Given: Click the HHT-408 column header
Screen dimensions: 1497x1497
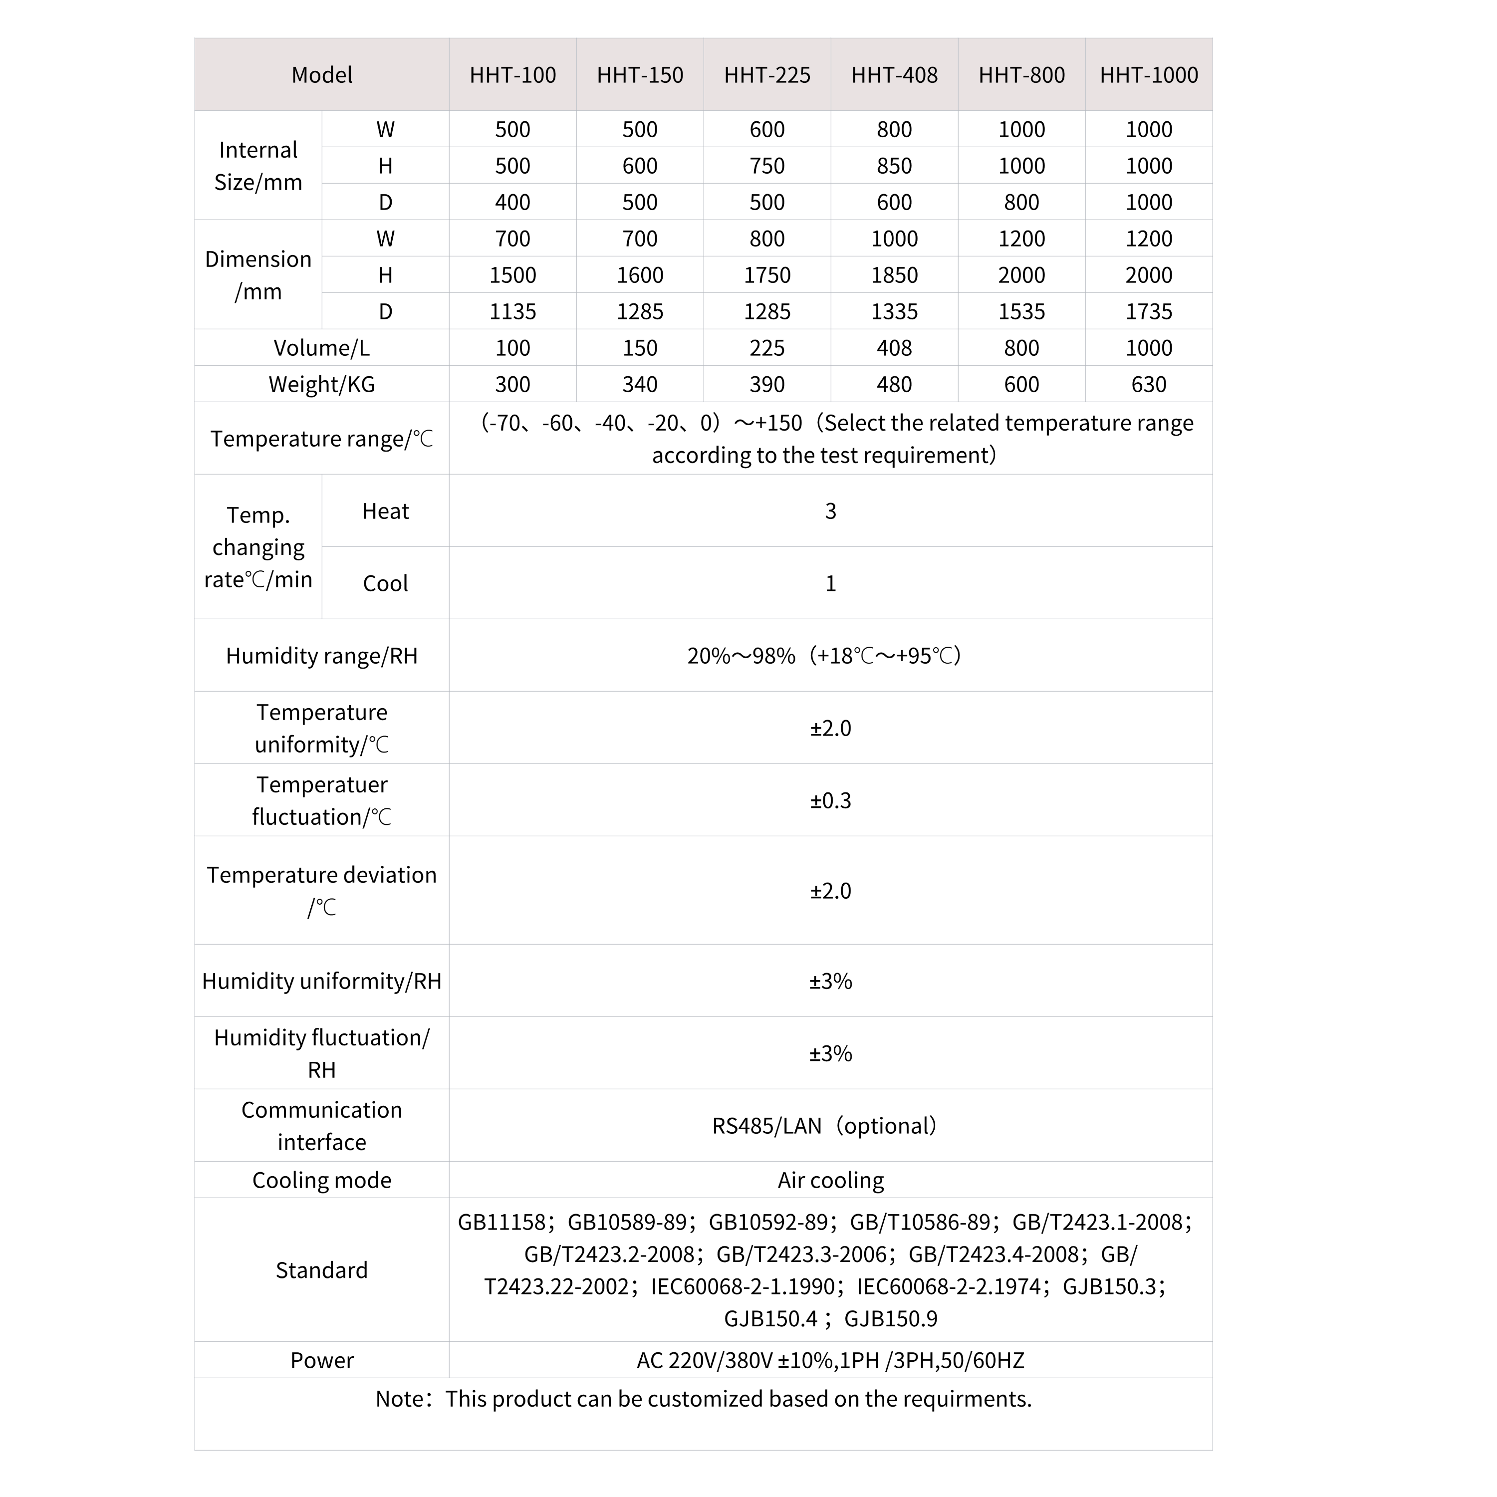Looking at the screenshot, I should point(894,75).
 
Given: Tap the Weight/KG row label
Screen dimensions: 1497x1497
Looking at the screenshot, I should point(321,384).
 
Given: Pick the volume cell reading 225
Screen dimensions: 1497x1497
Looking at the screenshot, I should point(767,348).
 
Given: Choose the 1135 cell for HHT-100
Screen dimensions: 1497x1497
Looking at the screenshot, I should point(513,311).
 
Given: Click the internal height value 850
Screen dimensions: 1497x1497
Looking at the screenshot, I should point(894,166).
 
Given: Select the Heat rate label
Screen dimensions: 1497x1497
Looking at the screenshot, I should point(385,511).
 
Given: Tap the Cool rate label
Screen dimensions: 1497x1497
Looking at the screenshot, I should point(385,583).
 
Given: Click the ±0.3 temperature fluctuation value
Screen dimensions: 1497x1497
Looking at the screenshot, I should point(831,800).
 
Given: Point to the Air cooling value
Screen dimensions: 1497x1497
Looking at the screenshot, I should point(831,1180).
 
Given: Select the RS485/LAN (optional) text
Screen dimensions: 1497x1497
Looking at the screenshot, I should point(824,1126).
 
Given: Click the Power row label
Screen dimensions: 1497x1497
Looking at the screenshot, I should point(321,1361).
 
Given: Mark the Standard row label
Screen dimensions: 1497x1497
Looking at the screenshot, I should point(321,1270).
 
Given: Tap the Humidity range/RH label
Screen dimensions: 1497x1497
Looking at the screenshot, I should point(321,656).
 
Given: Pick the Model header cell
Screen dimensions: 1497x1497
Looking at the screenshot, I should point(321,75).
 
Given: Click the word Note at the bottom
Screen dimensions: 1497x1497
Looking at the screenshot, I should point(401,1399).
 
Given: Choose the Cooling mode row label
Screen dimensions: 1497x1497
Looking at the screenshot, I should point(321,1180).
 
